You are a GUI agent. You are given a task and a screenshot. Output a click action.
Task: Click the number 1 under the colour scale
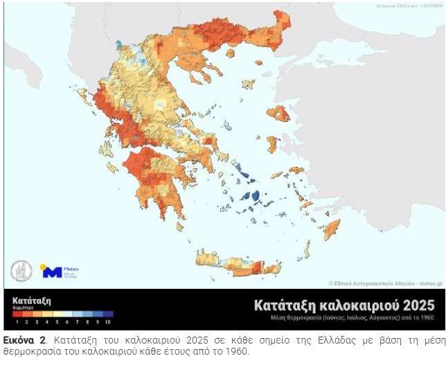(16, 322)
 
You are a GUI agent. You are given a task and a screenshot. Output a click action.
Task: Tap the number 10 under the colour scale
(107, 322)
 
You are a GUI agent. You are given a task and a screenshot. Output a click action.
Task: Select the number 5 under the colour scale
(56, 322)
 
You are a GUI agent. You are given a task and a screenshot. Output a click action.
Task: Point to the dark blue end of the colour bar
(107, 314)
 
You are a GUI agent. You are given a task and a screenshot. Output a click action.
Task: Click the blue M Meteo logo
(53, 271)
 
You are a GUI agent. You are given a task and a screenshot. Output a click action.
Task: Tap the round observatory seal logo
(21, 271)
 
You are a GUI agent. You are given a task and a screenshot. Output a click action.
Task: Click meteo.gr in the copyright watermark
(430, 283)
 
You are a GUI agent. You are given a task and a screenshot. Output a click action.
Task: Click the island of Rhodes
(332, 229)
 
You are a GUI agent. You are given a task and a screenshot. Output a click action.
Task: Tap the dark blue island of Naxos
(256, 197)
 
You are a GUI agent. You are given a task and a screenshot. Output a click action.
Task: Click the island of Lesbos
(277, 112)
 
